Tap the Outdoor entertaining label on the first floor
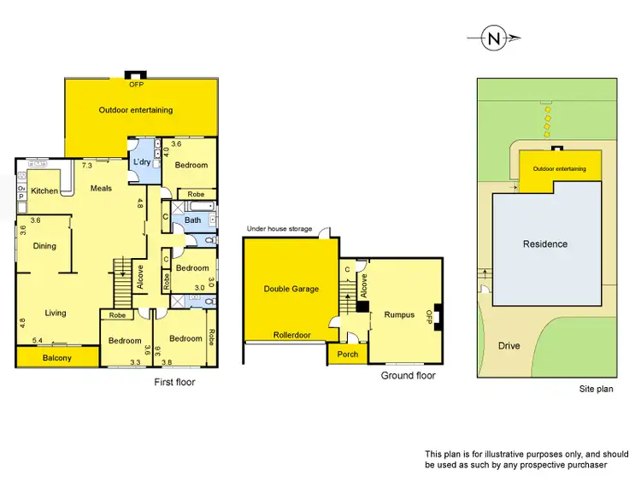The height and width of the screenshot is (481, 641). click(x=136, y=109)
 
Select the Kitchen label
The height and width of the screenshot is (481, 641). click(x=44, y=191)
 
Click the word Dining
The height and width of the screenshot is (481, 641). click(x=44, y=246)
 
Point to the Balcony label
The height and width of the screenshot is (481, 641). click(x=57, y=358)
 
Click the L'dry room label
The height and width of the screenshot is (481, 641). click(x=142, y=162)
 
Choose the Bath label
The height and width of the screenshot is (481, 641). click(x=192, y=220)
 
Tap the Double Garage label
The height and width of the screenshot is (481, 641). click(x=291, y=289)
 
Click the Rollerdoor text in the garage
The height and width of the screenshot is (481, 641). click(x=291, y=334)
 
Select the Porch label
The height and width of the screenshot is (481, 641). click(x=348, y=355)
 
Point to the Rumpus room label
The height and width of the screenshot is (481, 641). click(x=399, y=314)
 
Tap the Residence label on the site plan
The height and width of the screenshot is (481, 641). click(x=545, y=244)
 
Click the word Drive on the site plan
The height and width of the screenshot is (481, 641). click(x=509, y=346)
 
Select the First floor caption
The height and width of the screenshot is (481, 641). click(x=174, y=382)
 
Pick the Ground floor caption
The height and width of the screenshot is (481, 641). click(x=408, y=375)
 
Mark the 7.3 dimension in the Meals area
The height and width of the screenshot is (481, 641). click(x=87, y=165)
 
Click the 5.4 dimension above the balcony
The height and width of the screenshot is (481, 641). click(x=38, y=341)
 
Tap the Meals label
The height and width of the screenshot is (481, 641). click(x=101, y=189)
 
